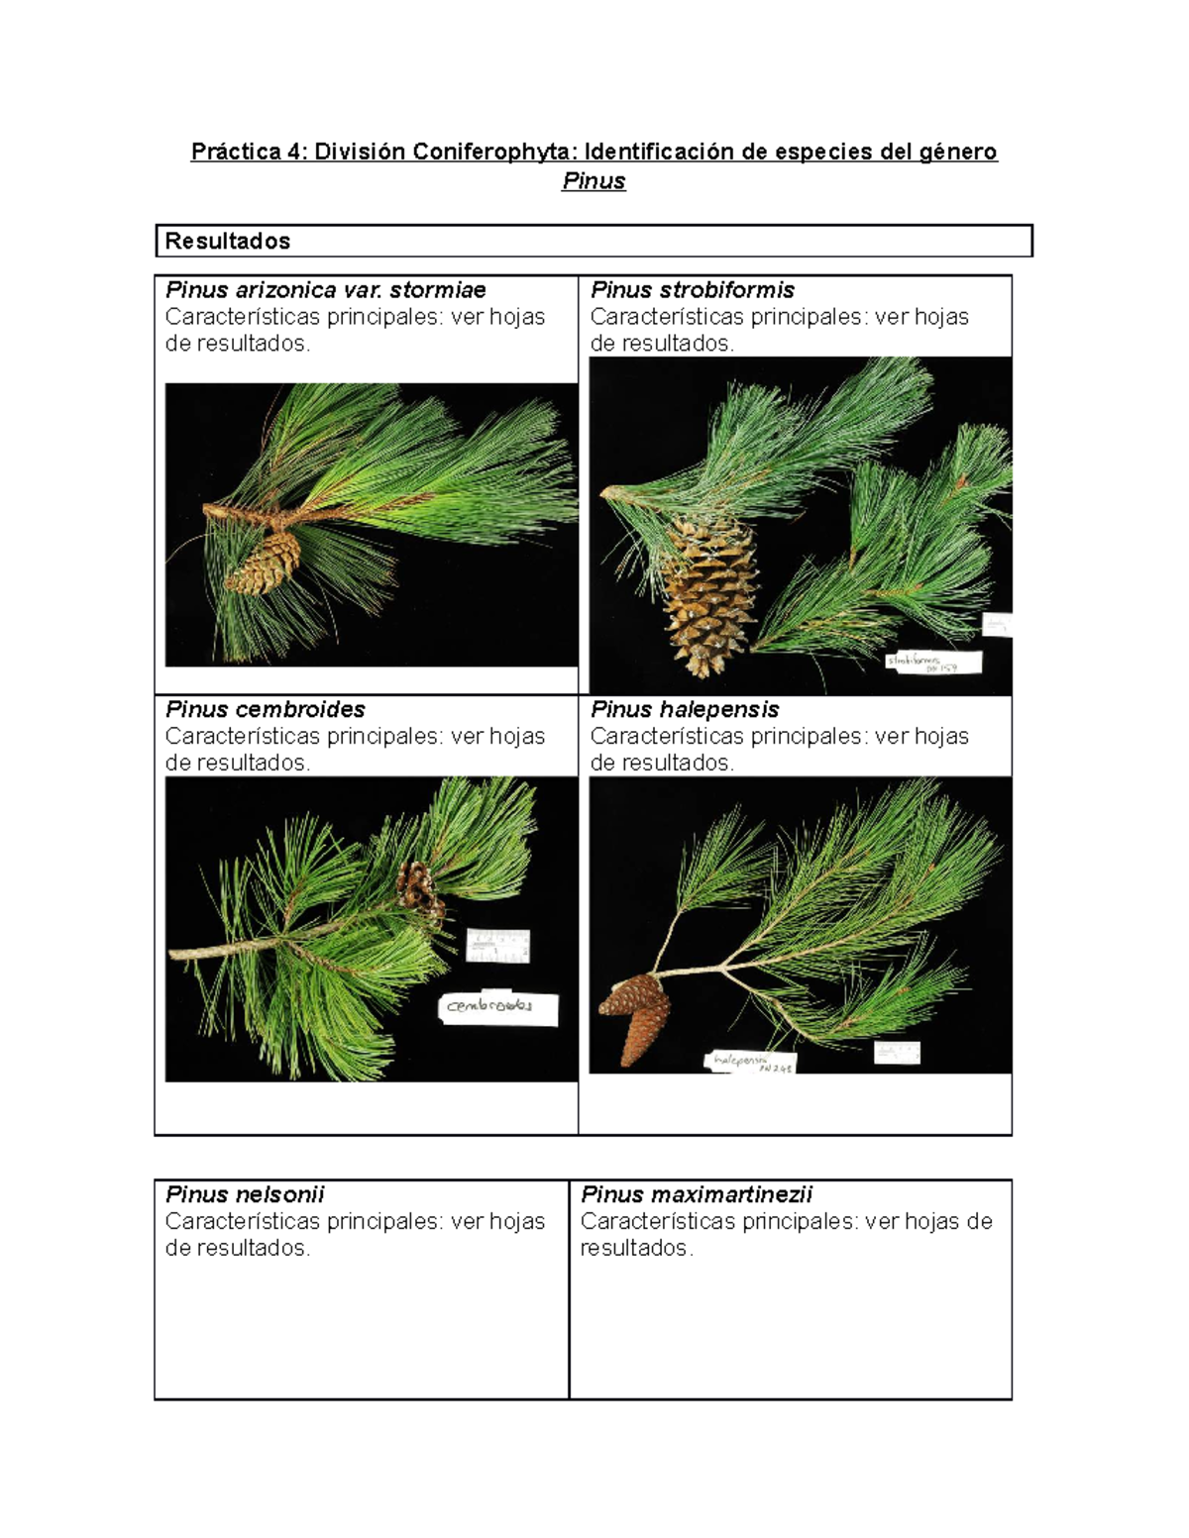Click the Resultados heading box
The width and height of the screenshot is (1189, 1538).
click(594, 241)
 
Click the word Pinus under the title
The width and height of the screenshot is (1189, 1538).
click(594, 181)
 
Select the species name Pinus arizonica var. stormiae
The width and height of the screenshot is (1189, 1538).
click(325, 290)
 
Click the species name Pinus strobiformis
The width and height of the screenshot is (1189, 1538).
click(692, 290)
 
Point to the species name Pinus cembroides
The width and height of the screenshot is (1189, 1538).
click(265, 709)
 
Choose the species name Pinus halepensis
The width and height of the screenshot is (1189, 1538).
click(684, 709)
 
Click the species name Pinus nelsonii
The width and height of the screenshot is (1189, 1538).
click(245, 1194)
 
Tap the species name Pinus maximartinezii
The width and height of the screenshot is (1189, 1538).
click(696, 1194)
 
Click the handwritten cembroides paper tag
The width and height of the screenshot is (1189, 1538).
click(498, 1007)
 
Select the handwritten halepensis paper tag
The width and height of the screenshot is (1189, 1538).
click(750, 1063)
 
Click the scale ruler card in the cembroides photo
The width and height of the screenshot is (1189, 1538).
click(497, 946)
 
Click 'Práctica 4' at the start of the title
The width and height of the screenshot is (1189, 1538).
click(248, 152)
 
